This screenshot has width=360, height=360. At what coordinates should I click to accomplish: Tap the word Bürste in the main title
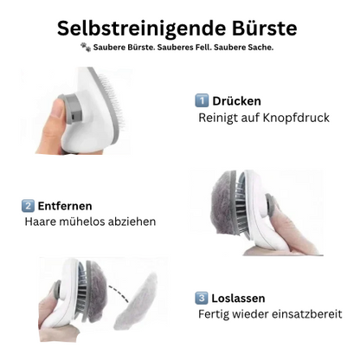pos(260,28)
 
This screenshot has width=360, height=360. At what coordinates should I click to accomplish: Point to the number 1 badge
pos(202,101)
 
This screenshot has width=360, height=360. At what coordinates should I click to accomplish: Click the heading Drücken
pos(236,101)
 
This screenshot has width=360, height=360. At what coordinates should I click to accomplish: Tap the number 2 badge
pos(29,205)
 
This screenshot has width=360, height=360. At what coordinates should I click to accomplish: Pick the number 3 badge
pos(202,297)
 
